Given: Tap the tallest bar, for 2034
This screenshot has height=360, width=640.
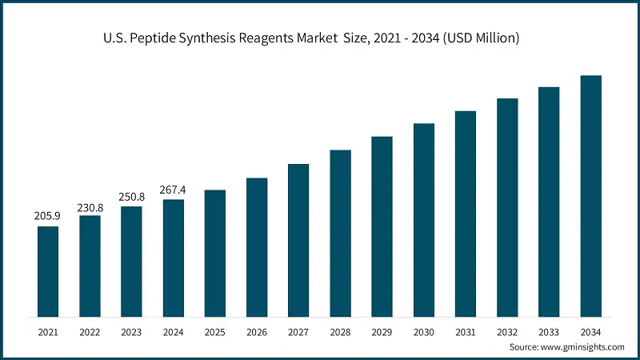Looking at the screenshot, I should [590, 195].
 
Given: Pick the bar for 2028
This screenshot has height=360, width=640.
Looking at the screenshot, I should [340, 232].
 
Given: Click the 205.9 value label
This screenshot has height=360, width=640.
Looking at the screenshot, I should [48, 216].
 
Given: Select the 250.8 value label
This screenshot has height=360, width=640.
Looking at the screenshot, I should [131, 197].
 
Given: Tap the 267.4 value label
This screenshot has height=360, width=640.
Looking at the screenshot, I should [173, 190].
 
